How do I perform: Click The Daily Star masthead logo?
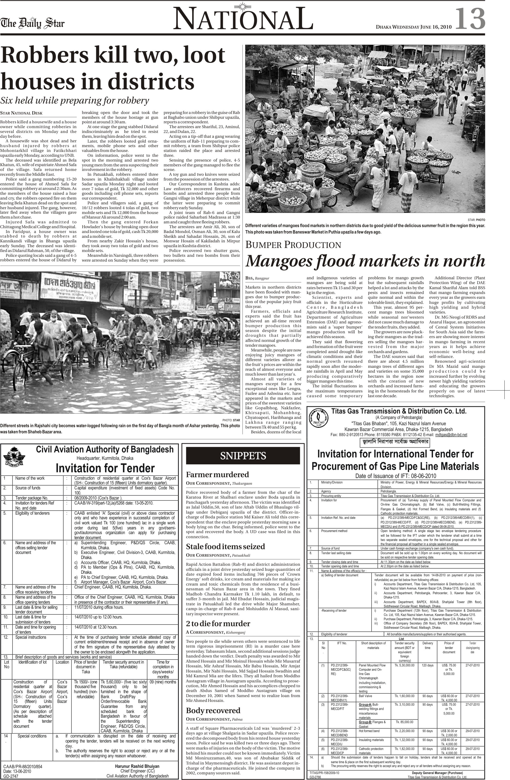(x=32, y=23)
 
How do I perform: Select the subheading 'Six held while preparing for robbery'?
(x=75, y=101)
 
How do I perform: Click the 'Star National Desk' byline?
(x=21, y=113)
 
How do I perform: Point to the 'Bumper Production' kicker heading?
(x=293, y=245)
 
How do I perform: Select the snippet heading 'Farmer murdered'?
(x=217, y=475)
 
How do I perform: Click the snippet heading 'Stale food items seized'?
(x=225, y=546)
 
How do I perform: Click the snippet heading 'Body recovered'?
(x=213, y=710)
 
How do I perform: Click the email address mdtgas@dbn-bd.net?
(x=451, y=435)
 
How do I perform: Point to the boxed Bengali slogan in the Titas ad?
(x=395, y=442)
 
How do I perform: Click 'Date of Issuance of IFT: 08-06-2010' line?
(x=395, y=476)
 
